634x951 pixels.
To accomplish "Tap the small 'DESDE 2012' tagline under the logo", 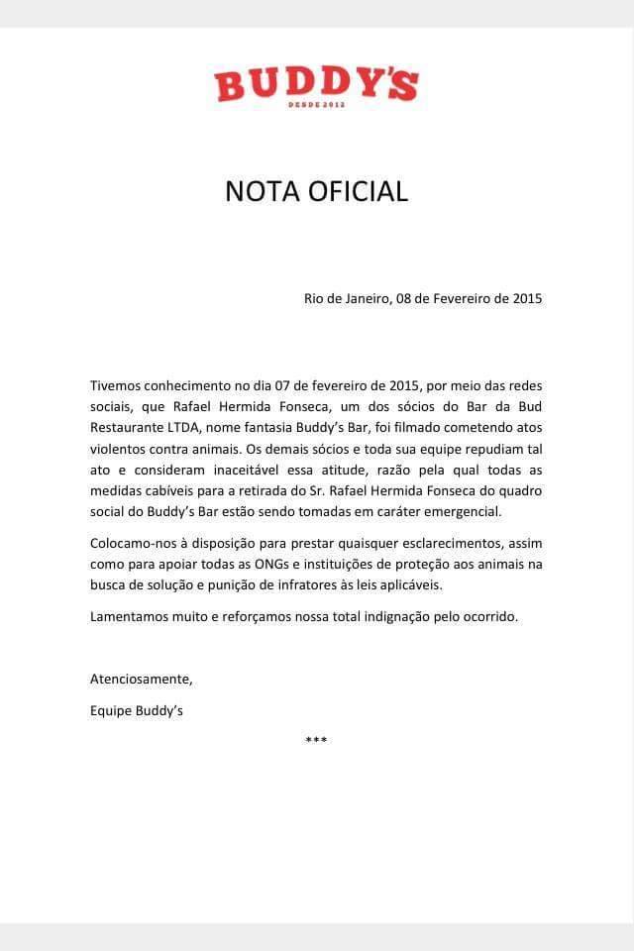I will [316, 104].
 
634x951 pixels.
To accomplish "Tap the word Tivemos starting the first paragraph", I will [117, 384].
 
